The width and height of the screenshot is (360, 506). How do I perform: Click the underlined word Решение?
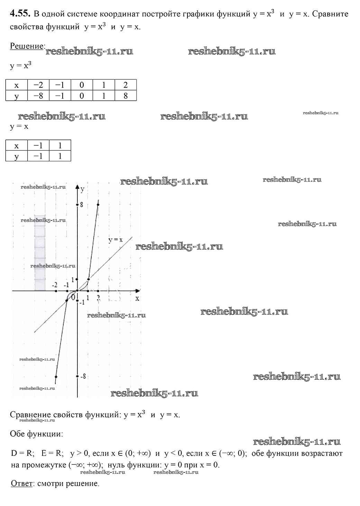[x=27, y=46]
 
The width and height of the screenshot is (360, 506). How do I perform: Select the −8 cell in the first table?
[x=38, y=96]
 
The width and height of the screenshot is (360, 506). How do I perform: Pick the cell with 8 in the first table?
[x=125, y=96]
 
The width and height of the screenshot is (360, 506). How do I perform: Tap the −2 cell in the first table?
[x=38, y=85]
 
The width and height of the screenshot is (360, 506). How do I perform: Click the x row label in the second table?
[x=16, y=145]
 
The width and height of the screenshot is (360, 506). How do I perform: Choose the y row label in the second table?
[x=16, y=156]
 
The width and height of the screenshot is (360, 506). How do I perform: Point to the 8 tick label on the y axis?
[x=82, y=205]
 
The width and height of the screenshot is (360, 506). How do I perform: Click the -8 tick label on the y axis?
[x=83, y=376]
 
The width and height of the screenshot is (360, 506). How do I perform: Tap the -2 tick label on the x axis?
[x=55, y=285]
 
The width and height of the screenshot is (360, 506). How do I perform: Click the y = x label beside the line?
[x=116, y=240]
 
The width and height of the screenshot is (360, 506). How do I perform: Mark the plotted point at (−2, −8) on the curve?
[x=56, y=377]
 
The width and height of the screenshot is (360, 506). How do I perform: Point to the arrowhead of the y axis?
[x=77, y=185]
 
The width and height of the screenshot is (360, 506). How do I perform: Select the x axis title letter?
[x=137, y=298]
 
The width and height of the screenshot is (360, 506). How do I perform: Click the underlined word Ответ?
[x=22, y=484]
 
